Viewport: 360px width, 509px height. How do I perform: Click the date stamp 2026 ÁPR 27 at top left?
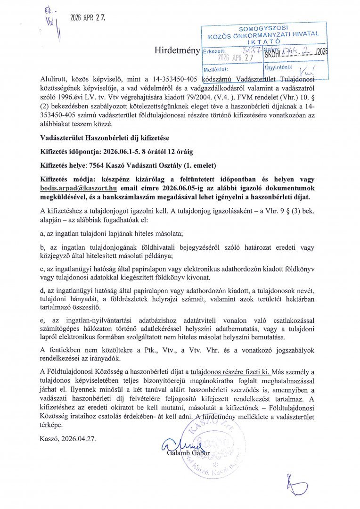click(x=88, y=18)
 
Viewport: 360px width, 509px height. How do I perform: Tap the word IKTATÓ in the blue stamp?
click(x=263, y=41)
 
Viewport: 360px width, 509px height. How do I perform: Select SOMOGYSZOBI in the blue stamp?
click(x=263, y=29)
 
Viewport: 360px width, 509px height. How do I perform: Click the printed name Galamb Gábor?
click(x=188, y=453)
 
